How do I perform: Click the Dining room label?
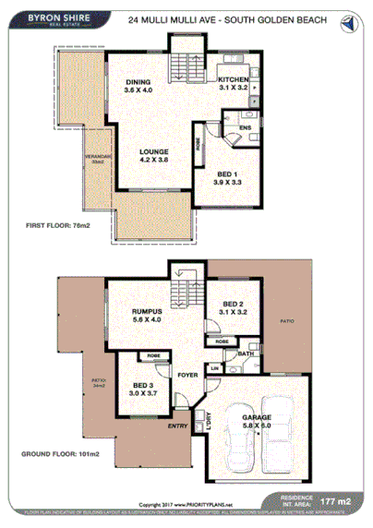(x=138, y=87)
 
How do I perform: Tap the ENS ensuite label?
(x=245, y=127)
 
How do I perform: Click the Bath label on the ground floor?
(x=245, y=354)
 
